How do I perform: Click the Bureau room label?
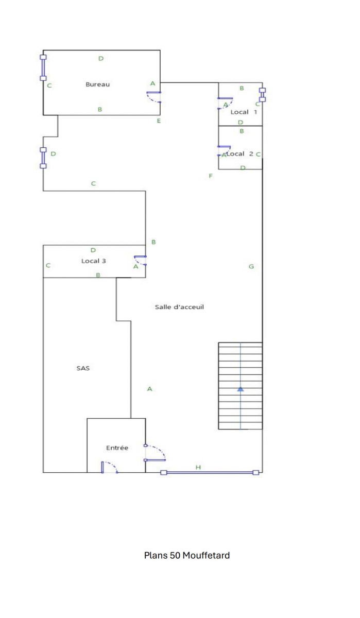[x=98, y=84]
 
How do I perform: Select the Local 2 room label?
[x=240, y=153]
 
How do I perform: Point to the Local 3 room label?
[x=94, y=261]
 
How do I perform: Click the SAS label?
[x=83, y=368]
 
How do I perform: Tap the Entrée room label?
[x=117, y=448]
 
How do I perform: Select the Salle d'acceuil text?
[x=180, y=307]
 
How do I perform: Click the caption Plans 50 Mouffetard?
[x=187, y=556]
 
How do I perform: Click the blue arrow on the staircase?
[x=241, y=389]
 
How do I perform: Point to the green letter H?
[x=198, y=467]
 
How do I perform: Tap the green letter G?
[x=251, y=267]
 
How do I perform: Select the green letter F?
[x=211, y=176]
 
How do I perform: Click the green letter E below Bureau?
[x=159, y=121]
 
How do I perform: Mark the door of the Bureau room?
[x=154, y=97]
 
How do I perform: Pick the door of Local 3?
[x=140, y=260]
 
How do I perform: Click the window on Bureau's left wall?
[x=43, y=68]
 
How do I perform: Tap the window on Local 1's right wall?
[x=262, y=95]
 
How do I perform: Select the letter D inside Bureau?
[x=101, y=59]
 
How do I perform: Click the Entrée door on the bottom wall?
[x=109, y=467]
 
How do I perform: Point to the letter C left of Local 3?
[x=48, y=266]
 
